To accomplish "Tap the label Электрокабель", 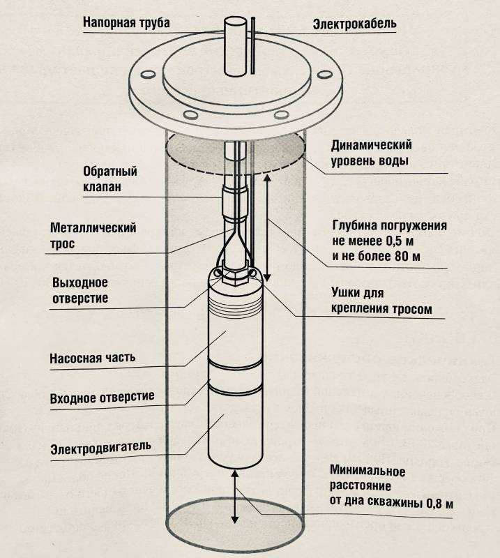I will tap(354, 24).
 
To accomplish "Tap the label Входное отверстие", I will tap(102, 398).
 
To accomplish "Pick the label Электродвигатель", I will tap(100, 446).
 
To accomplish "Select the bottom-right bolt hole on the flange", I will tap(280, 115).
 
